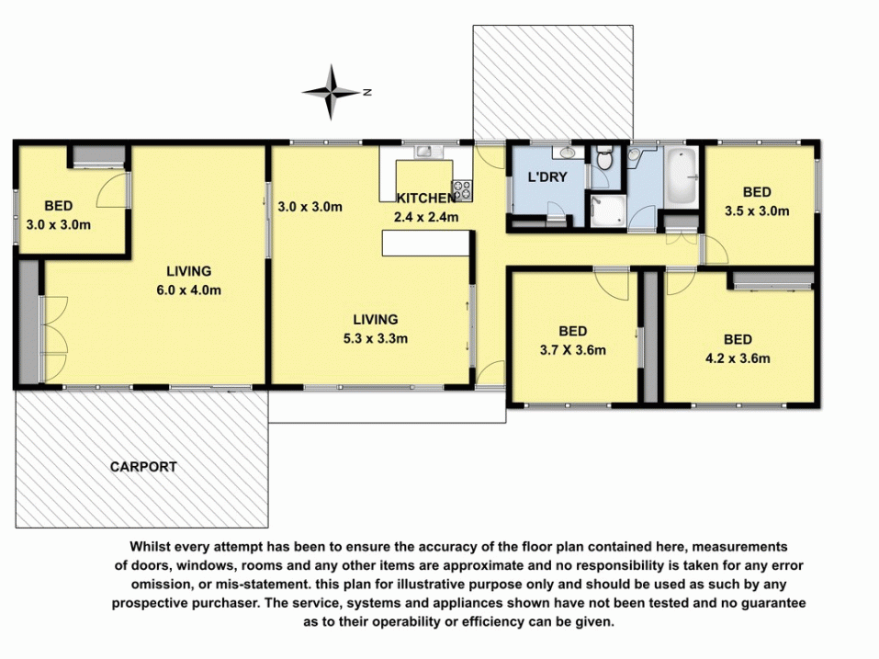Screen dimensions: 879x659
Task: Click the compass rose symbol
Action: (x=331, y=92)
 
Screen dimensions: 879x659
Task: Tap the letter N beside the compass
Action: (x=367, y=92)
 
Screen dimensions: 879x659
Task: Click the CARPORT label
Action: (x=143, y=467)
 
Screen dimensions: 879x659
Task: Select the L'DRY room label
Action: (x=547, y=177)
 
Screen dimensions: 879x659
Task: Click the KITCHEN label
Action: (x=426, y=198)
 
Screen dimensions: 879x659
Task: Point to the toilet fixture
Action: (x=603, y=158)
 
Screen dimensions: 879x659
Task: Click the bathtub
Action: (x=682, y=176)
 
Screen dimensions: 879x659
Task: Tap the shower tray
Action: (x=608, y=211)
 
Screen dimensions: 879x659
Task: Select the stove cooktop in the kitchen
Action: (x=463, y=190)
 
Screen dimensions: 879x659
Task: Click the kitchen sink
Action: (x=429, y=152)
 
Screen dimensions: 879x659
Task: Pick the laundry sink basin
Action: (x=567, y=153)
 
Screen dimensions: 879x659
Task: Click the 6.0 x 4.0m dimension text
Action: (x=189, y=290)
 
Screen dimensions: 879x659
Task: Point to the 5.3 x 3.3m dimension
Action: (x=376, y=339)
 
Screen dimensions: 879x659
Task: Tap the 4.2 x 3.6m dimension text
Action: (x=738, y=358)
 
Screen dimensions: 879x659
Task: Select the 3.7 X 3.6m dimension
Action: (x=573, y=350)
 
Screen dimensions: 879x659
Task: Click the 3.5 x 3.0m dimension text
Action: (x=757, y=211)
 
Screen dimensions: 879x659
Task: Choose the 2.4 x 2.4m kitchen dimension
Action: (x=426, y=217)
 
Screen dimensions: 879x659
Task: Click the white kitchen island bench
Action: (x=425, y=243)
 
